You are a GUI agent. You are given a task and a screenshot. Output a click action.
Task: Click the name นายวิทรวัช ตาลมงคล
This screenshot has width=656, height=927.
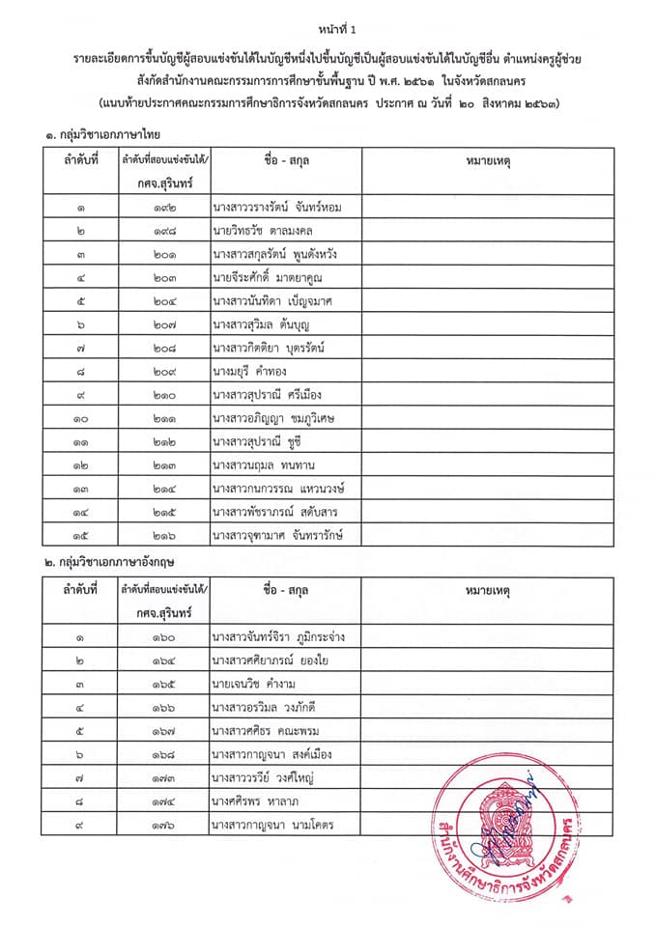pyautogui.click(x=263, y=231)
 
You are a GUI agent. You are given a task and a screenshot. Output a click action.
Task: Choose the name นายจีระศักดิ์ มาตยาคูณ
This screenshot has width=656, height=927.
pyautogui.click(x=270, y=277)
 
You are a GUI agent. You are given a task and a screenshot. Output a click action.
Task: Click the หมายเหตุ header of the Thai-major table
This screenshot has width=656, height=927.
pyautogui.click(x=489, y=160)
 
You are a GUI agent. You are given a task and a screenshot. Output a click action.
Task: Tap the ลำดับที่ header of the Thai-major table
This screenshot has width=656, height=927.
pyautogui.click(x=81, y=160)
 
